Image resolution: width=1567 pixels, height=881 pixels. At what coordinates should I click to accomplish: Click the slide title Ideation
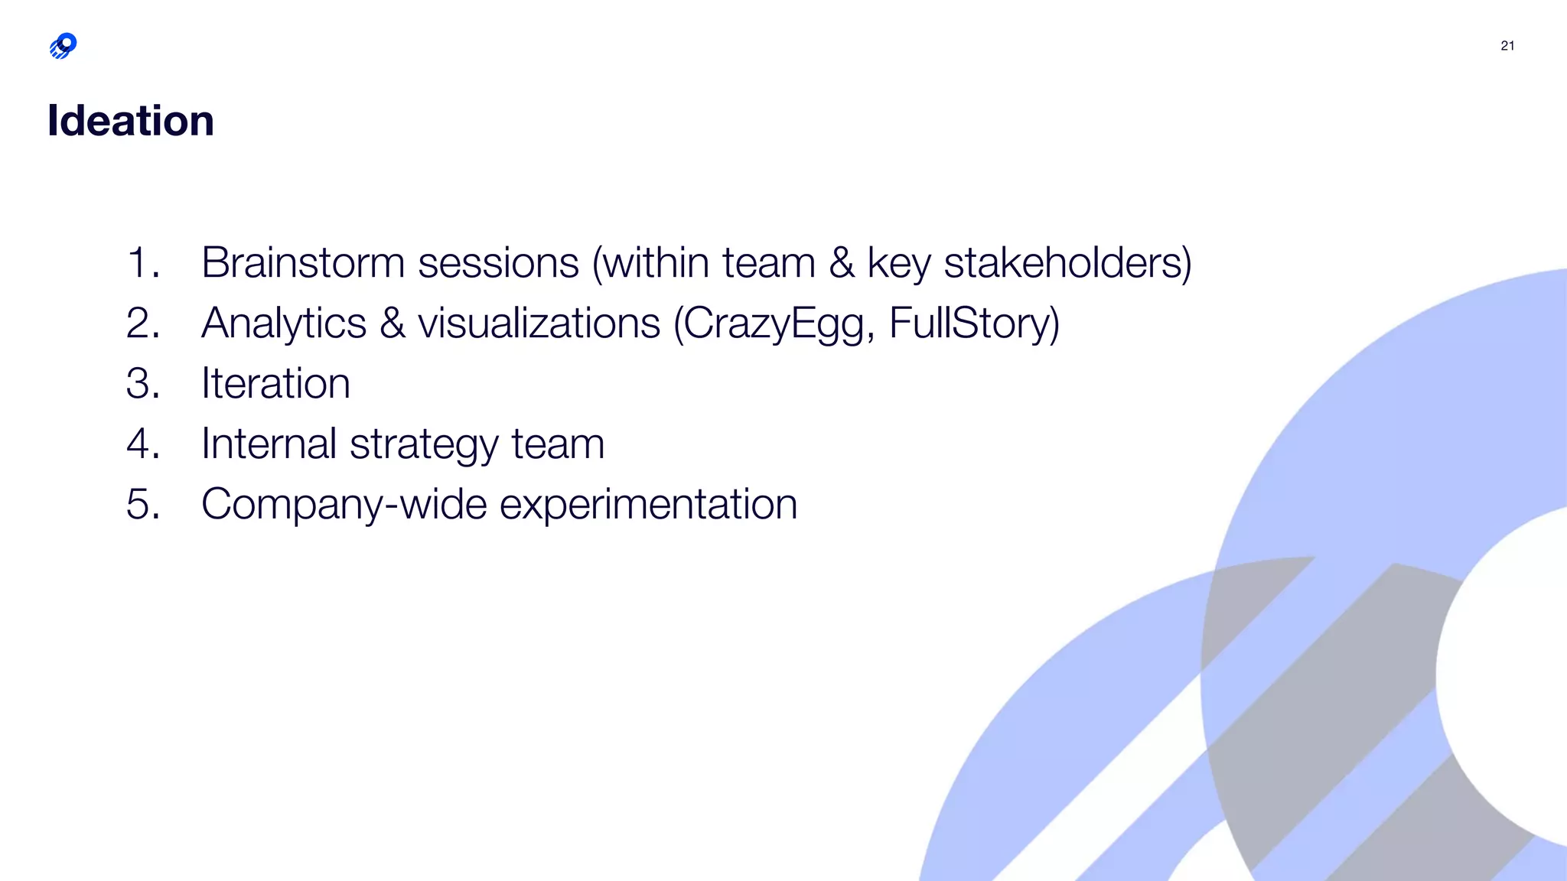point(131,121)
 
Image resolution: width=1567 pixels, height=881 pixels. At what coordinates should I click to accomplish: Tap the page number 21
point(1507,46)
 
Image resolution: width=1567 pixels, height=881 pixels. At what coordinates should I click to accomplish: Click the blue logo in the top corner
point(64,46)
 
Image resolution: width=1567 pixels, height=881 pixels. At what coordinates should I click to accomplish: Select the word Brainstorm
point(302,263)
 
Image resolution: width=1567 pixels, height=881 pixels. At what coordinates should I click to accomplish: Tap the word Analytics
point(284,323)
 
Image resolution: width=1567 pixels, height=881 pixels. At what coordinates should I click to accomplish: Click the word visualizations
point(539,323)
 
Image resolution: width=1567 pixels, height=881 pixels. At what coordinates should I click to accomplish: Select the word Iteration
point(275,383)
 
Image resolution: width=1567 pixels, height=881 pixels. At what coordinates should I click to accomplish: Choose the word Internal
point(269,444)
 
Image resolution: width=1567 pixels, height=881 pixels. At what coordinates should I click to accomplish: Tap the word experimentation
point(648,505)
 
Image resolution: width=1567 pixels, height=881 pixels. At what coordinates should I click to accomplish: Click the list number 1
point(142,263)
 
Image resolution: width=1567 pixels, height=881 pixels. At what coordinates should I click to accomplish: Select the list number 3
point(142,383)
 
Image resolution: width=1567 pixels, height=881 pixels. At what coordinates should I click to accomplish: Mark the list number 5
point(142,505)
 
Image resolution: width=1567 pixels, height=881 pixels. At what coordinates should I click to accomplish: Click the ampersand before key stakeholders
point(842,263)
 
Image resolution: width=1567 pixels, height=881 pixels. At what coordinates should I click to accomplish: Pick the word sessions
point(498,263)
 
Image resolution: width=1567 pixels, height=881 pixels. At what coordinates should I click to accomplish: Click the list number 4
point(142,444)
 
